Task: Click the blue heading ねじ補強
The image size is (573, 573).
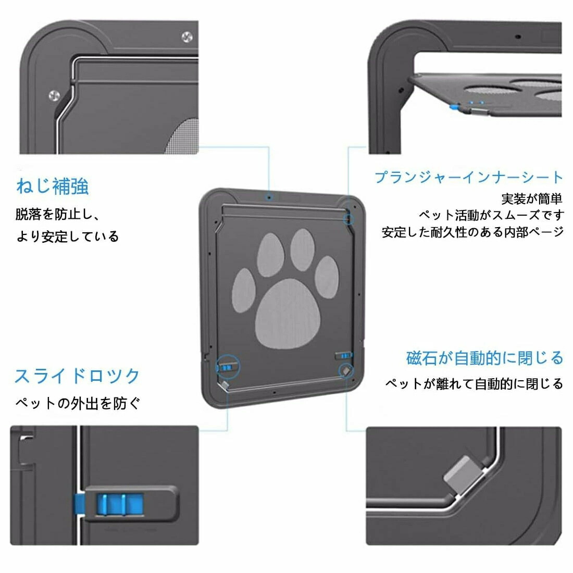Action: tap(52, 186)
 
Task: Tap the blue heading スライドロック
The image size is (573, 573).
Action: tap(77, 376)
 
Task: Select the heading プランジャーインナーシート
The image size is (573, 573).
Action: tap(469, 177)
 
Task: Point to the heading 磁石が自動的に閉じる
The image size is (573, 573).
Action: tap(484, 358)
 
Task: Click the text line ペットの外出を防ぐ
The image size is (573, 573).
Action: tap(78, 403)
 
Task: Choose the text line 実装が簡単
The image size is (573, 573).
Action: tap(532, 199)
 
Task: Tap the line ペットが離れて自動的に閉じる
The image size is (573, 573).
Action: tap(474, 384)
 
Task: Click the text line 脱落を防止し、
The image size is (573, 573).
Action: tap(58, 215)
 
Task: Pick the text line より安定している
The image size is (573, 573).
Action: tap(68, 236)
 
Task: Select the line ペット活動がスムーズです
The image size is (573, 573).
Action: tap(491, 215)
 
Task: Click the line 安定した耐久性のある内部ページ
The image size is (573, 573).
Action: tap(472, 232)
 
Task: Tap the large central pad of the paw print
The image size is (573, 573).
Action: tap(288, 313)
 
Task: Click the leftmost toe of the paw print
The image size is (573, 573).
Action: tap(244, 291)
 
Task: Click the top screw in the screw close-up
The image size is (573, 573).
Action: tap(187, 37)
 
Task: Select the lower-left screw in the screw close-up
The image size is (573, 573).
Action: tap(54, 96)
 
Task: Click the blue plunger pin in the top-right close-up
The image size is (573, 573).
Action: tap(454, 107)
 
